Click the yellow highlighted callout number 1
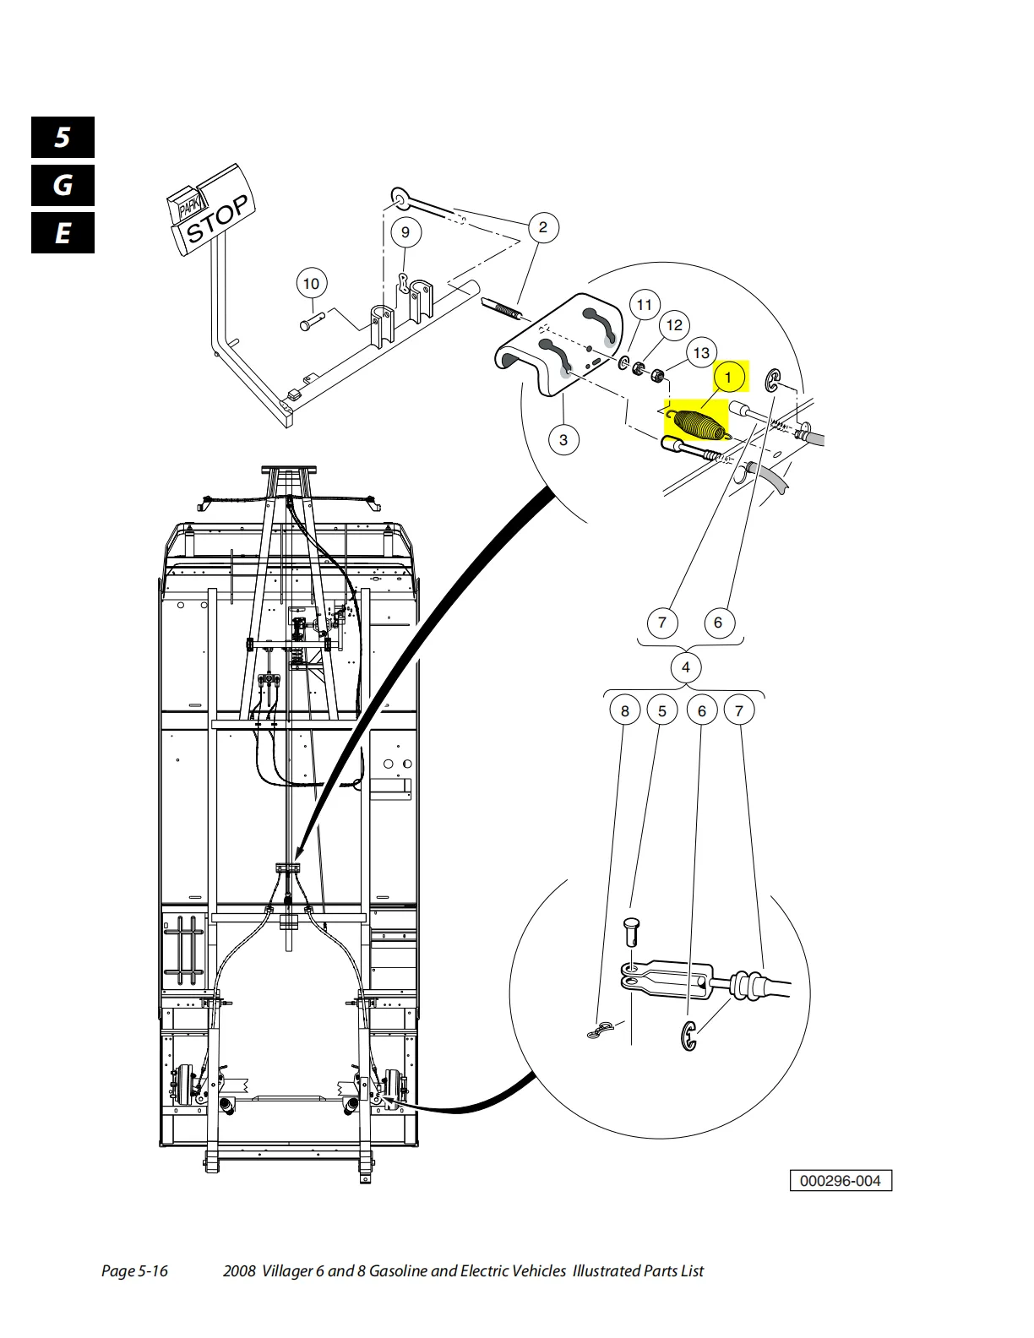point(728,378)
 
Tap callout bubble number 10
point(311,284)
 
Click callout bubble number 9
point(405,232)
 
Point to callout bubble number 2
point(543,227)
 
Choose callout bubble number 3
point(563,439)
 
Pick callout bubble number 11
point(645,305)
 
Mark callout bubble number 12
point(674,325)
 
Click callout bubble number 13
point(701,353)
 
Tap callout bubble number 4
point(685,667)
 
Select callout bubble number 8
point(625,710)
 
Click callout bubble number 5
point(662,710)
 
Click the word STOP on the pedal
point(217,219)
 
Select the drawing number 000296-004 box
point(840,1181)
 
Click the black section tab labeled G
point(63,185)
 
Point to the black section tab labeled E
point(63,233)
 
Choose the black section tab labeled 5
point(63,137)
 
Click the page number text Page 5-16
point(134,1270)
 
